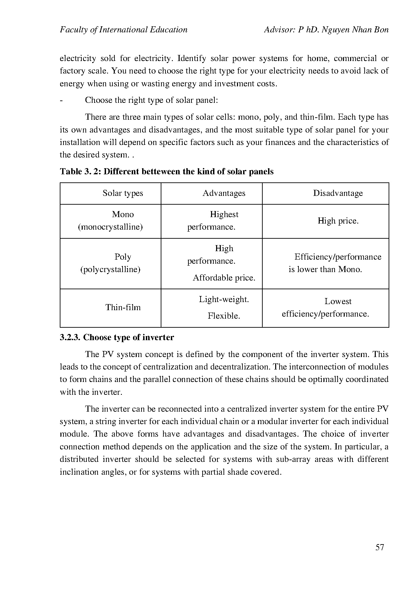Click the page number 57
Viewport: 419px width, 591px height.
click(379, 547)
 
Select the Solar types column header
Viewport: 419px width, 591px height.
click(123, 193)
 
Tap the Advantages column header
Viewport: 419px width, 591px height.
click(224, 193)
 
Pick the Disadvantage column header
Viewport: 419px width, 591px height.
click(338, 193)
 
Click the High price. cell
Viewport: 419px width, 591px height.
click(338, 221)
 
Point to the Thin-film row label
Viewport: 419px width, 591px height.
click(123, 307)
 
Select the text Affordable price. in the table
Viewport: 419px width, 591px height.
click(224, 278)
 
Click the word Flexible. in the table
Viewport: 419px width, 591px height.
click(224, 316)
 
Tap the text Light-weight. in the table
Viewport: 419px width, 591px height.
click(224, 299)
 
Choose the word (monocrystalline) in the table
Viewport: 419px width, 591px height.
click(110, 227)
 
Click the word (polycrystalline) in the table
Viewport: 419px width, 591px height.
click(110, 269)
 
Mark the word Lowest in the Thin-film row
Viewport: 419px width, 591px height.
click(338, 301)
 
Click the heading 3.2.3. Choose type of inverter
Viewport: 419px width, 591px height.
click(117, 337)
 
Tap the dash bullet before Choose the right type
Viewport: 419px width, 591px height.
click(61, 100)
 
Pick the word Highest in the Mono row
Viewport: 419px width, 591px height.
click(224, 214)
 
